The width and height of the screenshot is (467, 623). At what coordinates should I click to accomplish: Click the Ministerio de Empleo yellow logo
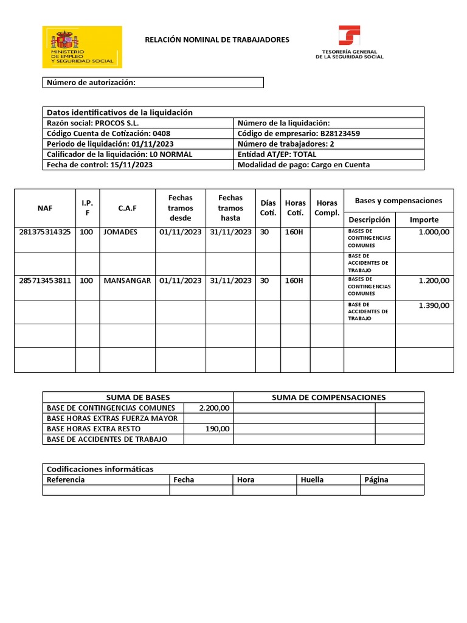pos(81,47)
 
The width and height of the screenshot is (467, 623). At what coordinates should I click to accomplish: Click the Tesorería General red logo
pos(349,43)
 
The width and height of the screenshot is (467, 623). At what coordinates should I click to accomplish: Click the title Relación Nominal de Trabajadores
pos(217,40)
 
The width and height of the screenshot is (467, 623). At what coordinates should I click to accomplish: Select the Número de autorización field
pos(153,83)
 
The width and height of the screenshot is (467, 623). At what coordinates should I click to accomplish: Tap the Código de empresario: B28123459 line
pos(299,133)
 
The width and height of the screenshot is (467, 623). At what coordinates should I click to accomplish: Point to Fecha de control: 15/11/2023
pos(100,165)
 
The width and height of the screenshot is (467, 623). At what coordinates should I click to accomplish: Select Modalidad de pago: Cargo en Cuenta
pos(303,165)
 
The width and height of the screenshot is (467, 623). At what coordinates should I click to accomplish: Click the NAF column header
pos(44,208)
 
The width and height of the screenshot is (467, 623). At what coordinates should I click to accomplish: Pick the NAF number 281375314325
pos(45,232)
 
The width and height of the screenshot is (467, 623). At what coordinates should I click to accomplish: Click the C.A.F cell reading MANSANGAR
pos(127,280)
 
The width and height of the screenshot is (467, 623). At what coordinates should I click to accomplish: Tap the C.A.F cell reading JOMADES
pos(120,232)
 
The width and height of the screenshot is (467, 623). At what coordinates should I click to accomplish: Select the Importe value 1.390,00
pos(434,305)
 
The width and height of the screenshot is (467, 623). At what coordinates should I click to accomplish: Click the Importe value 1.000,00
pos(434,232)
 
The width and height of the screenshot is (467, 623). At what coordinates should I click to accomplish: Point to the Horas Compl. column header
pos(327,208)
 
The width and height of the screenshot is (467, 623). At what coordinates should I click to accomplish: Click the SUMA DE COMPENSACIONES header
pos(328,397)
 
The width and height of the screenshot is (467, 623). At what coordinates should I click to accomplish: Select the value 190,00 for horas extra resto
pos(218,428)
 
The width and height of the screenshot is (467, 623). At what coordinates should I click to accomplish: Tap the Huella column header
pos(312,479)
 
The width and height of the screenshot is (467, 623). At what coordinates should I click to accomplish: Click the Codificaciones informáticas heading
pos(100,469)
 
